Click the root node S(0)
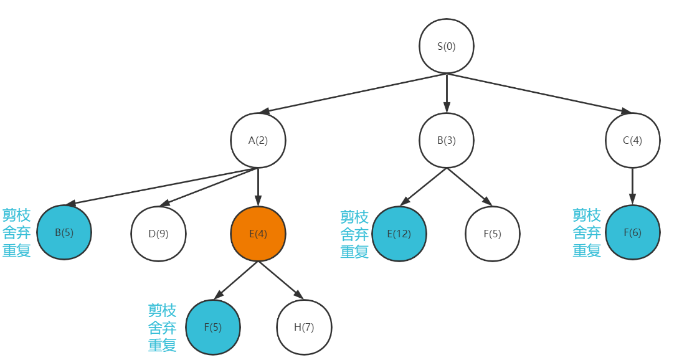coord(446,47)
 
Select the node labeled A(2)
coord(258,140)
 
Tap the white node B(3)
coord(446,140)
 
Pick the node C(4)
coord(632,140)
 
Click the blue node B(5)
coord(64,233)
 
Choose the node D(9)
coord(158,234)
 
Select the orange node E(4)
coord(258,234)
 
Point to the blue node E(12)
coord(399,234)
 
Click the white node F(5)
coord(492,234)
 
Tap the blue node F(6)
coord(632,233)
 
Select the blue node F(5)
coord(212,327)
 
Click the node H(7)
coord(304,327)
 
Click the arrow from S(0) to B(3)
coord(446,93)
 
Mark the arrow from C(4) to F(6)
coord(632,187)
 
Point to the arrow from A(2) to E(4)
coord(258,187)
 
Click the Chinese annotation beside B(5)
coord(17,234)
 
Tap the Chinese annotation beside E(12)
coord(354,234)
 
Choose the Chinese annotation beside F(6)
coord(587,233)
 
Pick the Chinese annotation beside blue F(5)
coord(162,328)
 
